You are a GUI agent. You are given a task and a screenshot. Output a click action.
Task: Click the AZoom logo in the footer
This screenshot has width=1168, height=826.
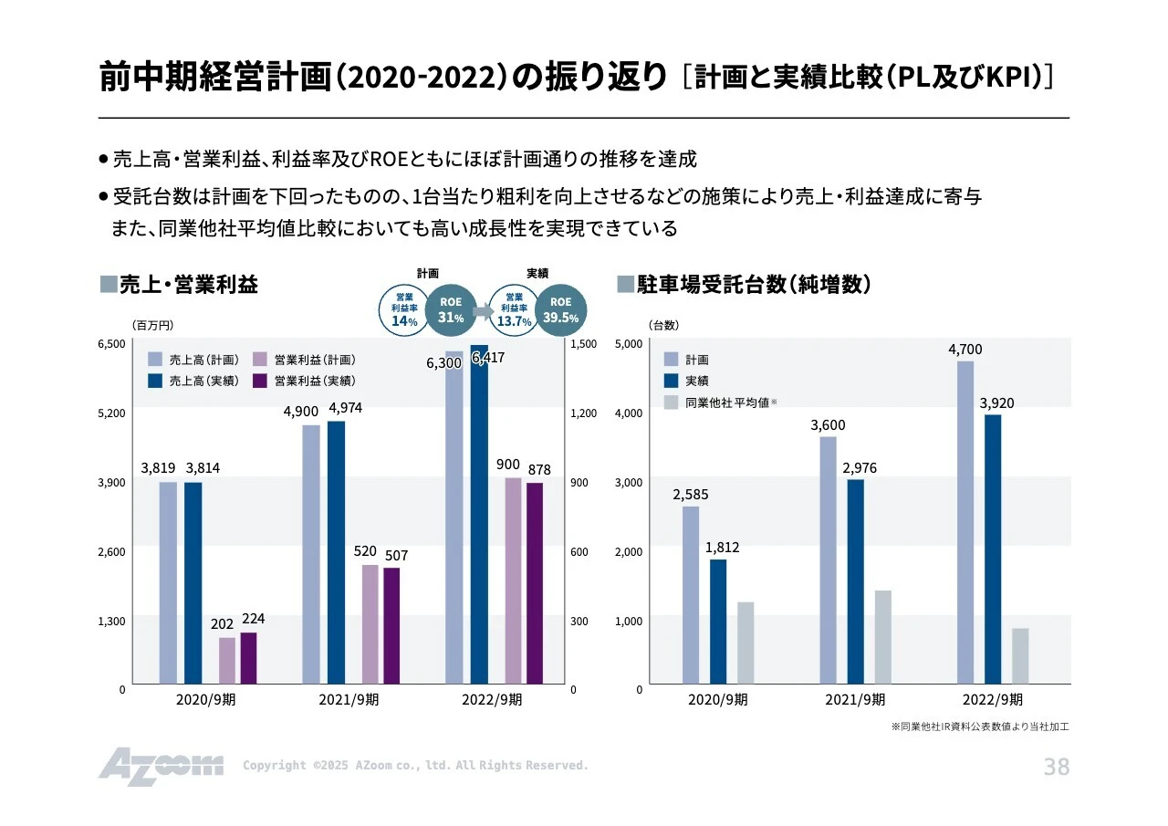(x=161, y=766)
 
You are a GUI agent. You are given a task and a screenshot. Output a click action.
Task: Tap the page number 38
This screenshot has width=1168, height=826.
(x=1056, y=768)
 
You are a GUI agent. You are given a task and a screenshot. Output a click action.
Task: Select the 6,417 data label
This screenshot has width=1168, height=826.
(x=487, y=358)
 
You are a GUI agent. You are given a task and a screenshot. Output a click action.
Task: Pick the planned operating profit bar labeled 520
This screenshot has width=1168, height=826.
(x=370, y=623)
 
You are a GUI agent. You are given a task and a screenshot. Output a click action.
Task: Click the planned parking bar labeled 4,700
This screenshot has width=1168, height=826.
(x=965, y=522)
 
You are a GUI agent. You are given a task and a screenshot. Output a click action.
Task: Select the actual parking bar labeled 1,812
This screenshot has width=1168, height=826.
(x=718, y=621)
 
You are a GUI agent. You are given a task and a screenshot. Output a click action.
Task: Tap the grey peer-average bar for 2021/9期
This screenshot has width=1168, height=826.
(x=882, y=637)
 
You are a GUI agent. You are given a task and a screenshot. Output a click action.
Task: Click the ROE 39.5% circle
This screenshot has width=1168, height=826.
(x=560, y=309)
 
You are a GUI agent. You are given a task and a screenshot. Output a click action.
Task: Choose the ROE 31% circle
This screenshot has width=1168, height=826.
(x=451, y=310)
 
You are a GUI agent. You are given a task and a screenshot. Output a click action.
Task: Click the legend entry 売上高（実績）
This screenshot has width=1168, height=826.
(x=193, y=381)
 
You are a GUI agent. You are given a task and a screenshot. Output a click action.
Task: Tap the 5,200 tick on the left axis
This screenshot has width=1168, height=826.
(x=111, y=413)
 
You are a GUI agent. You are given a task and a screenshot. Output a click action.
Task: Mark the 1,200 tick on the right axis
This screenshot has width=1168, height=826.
(x=584, y=413)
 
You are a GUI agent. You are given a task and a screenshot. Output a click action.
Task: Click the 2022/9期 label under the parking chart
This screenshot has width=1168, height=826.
(x=992, y=700)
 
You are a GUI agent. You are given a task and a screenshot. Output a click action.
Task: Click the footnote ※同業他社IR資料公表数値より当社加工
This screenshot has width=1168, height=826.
(x=979, y=727)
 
